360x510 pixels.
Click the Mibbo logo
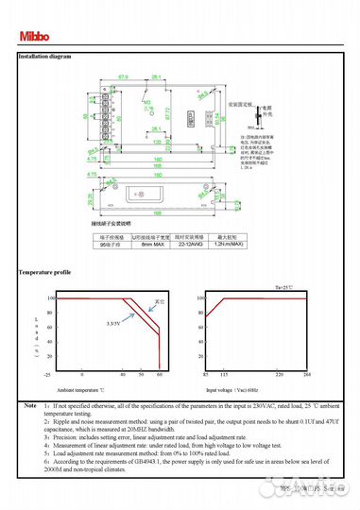tap(34, 38)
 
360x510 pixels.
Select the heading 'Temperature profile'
tap(44, 272)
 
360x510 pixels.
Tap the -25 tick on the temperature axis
tap(46, 374)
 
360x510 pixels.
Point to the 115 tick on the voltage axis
tap(225, 374)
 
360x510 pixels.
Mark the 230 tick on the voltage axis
tap(280, 374)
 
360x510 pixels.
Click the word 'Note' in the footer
tap(30, 404)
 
